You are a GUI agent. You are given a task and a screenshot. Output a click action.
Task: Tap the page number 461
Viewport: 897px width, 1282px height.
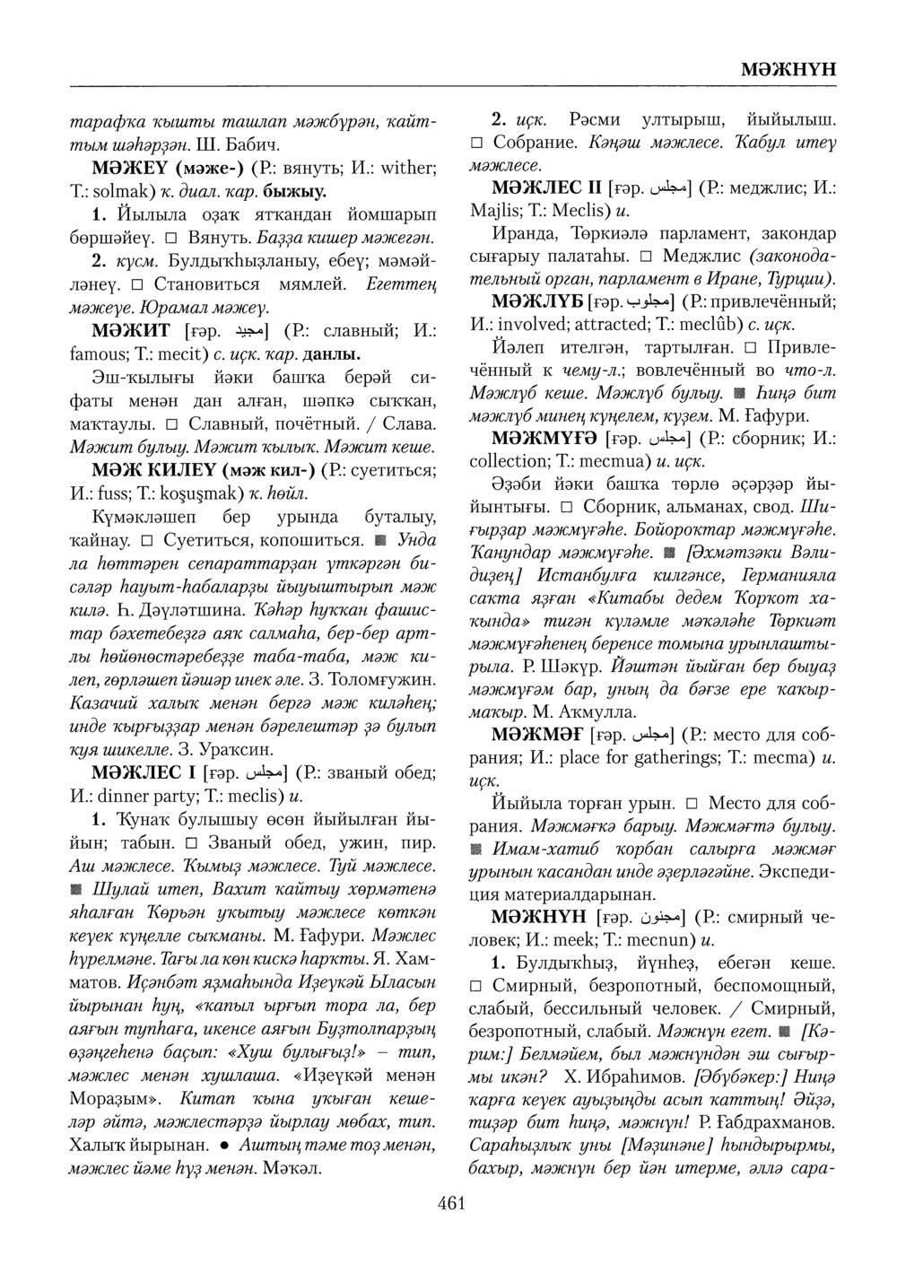[451, 1204]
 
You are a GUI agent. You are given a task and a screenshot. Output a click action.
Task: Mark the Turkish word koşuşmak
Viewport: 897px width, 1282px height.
[201, 493]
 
